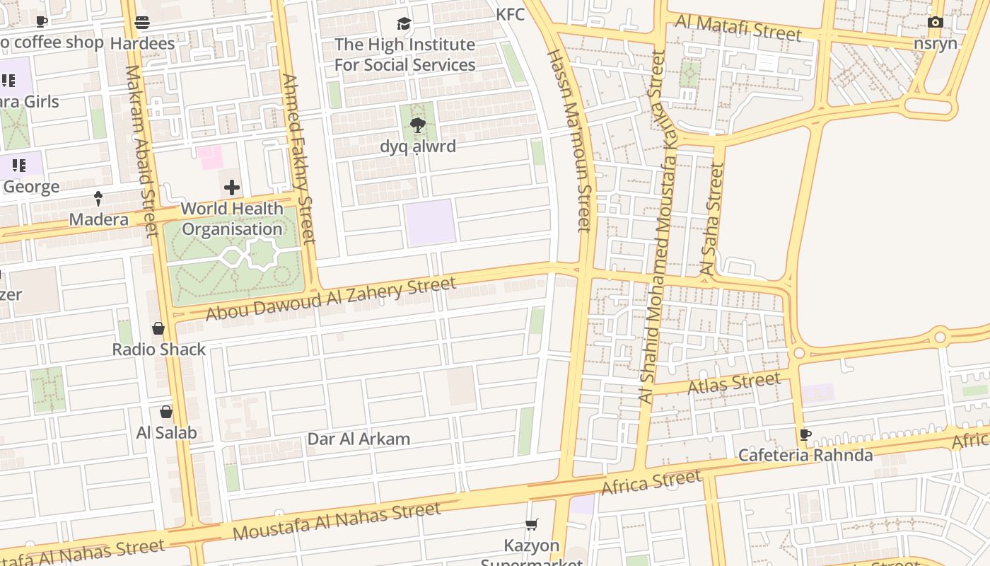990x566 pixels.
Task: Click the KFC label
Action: point(510,14)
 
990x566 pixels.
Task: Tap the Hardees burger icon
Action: point(142,23)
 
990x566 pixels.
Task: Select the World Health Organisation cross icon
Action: point(232,187)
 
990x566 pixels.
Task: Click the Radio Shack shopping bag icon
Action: point(158,328)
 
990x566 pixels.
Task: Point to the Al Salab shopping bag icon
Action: point(166,412)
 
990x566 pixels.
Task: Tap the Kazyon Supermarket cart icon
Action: point(532,524)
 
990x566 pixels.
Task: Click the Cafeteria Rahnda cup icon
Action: point(805,434)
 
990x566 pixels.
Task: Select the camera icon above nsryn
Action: point(935,23)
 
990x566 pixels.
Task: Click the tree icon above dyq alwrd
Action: point(418,125)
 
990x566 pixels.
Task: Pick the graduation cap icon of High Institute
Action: point(404,23)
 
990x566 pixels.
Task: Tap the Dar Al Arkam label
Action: point(359,439)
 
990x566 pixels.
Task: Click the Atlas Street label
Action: point(733,384)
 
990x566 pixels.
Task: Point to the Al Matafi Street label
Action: point(738,28)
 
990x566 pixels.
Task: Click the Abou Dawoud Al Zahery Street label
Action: point(331,299)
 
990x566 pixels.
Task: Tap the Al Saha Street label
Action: point(711,219)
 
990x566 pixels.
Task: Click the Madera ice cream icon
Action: point(98,199)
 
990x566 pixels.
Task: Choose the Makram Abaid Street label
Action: point(141,150)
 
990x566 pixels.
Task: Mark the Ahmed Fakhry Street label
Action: point(298,158)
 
